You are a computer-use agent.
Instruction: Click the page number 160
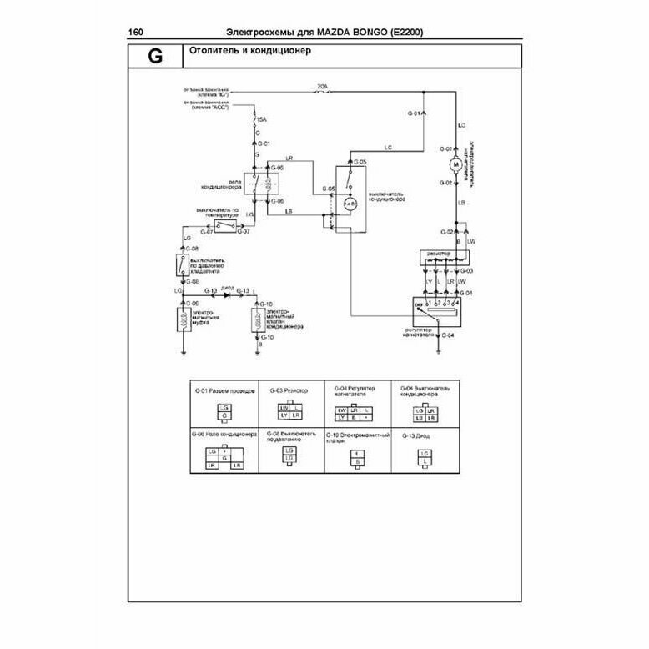[x=136, y=33]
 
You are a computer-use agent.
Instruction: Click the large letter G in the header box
[x=154, y=58]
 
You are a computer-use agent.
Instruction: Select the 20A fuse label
[x=322, y=86]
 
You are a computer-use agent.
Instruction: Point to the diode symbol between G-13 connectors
[x=227, y=291]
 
